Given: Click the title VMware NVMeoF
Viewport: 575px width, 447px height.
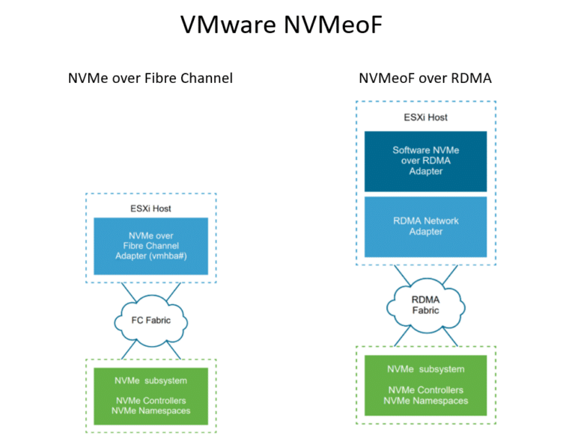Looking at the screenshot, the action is [282, 25].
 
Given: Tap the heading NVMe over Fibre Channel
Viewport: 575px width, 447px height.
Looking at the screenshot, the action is [150, 78].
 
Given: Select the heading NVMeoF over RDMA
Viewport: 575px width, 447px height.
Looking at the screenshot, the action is [425, 78].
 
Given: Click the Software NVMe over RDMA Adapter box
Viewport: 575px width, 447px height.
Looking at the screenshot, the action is [425, 161].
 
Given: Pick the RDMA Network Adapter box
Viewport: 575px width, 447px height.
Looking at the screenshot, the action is [425, 226].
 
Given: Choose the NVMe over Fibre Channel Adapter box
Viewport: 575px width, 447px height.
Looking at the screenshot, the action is [150, 246].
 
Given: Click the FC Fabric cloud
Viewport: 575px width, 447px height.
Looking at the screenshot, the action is [150, 321].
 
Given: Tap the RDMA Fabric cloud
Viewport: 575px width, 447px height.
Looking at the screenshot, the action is [425, 305].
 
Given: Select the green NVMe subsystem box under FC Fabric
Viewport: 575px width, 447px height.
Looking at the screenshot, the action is [150, 396].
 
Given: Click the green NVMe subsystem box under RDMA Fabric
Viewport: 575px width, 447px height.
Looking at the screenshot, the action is [425, 385].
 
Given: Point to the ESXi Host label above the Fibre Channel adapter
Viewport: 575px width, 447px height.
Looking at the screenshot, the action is [150, 209].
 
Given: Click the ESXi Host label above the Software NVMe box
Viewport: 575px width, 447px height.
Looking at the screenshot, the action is [425, 117].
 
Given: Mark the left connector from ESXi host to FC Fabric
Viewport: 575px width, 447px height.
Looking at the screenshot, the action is [129, 292].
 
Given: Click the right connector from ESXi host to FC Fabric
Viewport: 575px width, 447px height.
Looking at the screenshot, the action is [174, 292].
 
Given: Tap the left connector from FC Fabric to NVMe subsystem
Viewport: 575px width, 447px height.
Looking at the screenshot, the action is [129, 350].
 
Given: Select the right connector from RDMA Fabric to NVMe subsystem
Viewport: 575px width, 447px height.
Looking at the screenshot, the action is [450, 337].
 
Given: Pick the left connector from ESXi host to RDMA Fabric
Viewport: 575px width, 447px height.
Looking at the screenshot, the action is [402, 275].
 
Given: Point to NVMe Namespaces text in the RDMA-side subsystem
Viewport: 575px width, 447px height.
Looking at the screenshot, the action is [425, 401].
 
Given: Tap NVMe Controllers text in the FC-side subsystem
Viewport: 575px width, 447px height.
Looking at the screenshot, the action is [150, 401].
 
